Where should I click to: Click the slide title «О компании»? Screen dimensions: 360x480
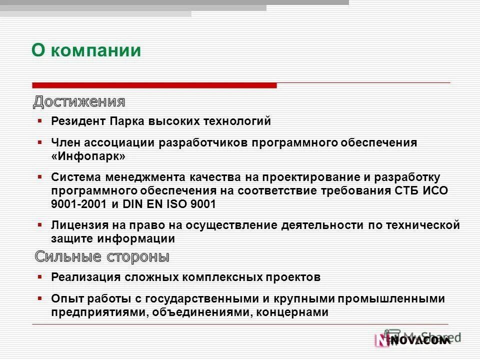pos(86,50)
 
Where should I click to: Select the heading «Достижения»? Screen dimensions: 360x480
pos(79,102)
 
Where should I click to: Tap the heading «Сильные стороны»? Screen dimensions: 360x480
pos(102,257)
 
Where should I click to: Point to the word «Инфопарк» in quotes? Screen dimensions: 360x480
pos(88,156)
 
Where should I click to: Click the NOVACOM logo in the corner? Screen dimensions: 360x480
pos(412,340)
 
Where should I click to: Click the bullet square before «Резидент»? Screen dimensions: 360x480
pos(40,120)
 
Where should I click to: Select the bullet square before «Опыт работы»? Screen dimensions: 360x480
pos(40,298)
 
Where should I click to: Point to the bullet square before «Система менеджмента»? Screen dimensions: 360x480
pos(40,177)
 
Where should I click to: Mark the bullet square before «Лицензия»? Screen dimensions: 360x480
pos(40,225)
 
